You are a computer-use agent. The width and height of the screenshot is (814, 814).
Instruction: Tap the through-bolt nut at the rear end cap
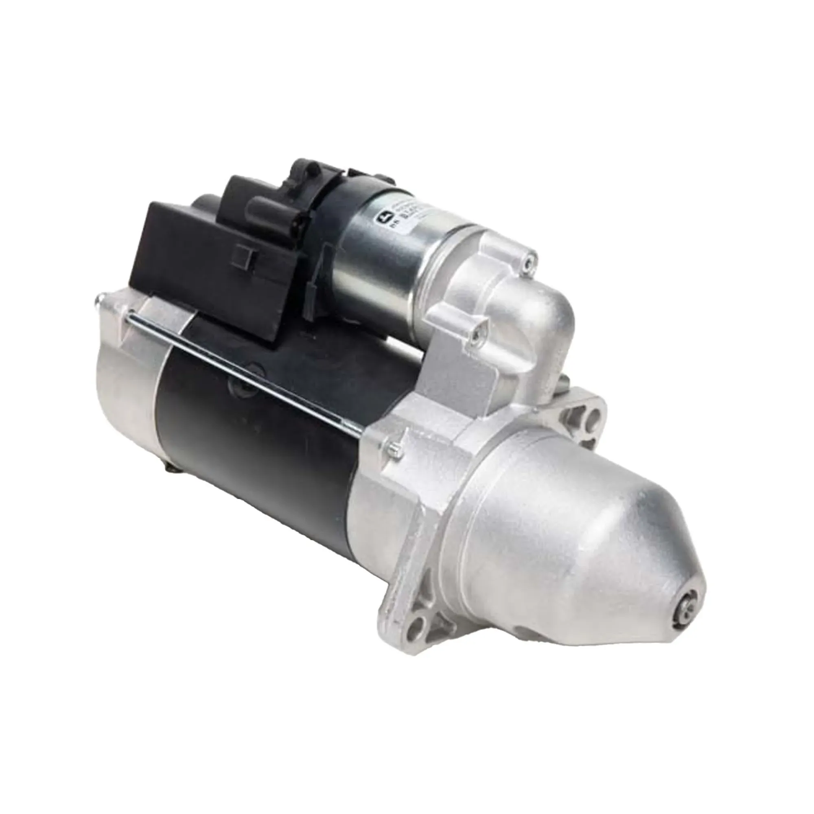[100, 300]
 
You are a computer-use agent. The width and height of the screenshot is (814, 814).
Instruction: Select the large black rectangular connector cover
[198, 261]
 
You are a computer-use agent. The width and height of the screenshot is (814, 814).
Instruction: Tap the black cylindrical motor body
[261, 421]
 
